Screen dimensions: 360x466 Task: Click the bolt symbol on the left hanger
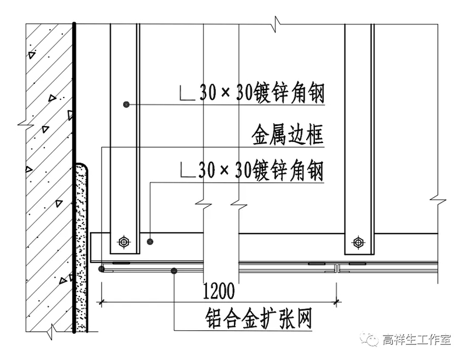point(123,241)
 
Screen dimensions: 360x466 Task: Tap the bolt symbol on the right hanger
point(358,241)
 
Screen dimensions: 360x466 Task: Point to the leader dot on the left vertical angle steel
point(125,104)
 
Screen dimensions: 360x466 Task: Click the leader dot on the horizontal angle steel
point(150,240)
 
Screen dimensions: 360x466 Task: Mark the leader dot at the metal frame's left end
point(101,269)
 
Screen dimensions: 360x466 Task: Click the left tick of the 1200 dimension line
point(102,302)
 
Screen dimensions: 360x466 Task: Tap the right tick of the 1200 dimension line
point(337,302)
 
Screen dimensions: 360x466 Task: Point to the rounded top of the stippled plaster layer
point(82,168)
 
